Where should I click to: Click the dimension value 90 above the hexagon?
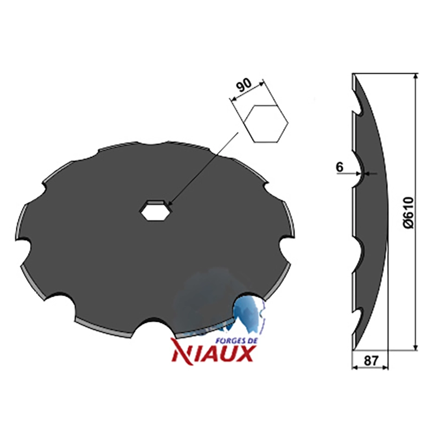click(244, 85)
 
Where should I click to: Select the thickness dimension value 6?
click(340, 167)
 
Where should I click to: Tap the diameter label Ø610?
click(408, 213)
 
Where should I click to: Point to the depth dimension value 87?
click(371, 361)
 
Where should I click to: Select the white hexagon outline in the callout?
click(266, 124)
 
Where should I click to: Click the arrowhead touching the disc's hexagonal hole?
click(170, 202)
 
